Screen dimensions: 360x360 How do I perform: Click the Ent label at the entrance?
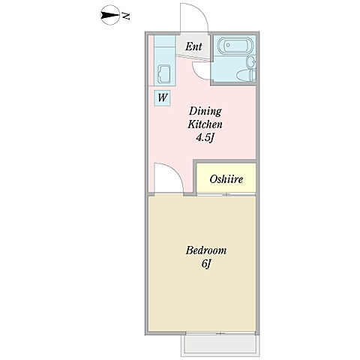click(193, 46)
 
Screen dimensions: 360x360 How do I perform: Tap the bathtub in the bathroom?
click(235, 46)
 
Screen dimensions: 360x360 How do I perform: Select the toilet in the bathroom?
click(247, 75)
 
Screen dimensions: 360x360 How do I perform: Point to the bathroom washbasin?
click(251, 61)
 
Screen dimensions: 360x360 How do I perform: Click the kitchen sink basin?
click(164, 74)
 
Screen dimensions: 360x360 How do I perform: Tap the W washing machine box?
click(162, 97)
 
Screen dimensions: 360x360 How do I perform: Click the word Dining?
click(205, 112)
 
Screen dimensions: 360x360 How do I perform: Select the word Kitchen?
click(205, 124)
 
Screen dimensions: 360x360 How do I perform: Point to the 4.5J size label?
click(205, 138)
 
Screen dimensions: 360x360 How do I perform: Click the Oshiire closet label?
click(226, 179)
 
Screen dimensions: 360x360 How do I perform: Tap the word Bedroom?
click(206, 250)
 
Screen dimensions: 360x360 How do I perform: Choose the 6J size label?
click(205, 264)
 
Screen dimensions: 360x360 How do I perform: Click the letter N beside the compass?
click(126, 16)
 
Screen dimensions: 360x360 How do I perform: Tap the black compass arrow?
click(109, 16)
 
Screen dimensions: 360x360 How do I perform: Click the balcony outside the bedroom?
click(220, 346)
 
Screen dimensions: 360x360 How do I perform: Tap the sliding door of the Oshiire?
click(226, 194)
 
